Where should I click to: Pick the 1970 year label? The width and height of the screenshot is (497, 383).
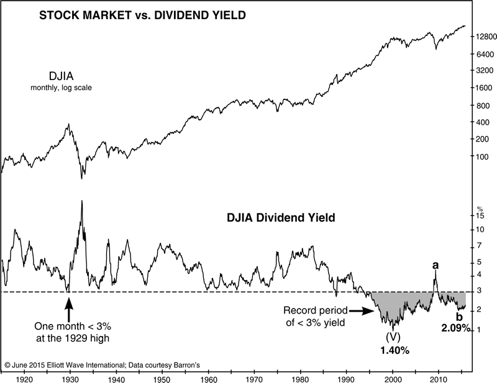(254, 377)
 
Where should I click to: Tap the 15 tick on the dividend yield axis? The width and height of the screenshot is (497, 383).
(480, 216)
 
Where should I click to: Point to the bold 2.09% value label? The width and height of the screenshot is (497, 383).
(457, 328)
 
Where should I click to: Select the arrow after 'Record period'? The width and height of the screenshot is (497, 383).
(359, 310)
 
